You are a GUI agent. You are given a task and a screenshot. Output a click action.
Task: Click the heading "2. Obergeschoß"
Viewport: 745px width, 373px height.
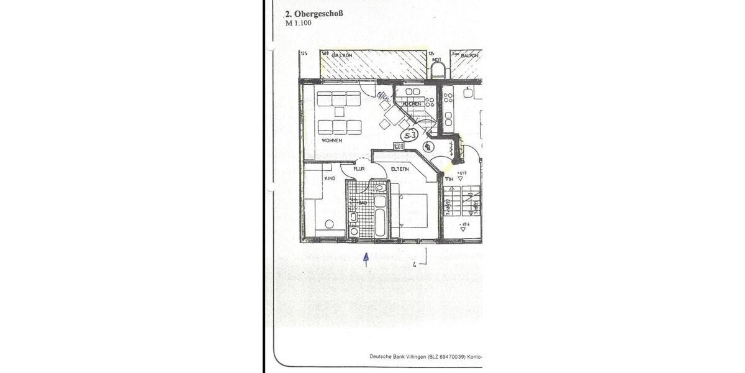(314, 14)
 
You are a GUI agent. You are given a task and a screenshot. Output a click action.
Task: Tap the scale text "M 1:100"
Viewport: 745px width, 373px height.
(299, 24)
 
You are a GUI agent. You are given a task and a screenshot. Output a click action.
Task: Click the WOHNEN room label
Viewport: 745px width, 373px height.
(332, 140)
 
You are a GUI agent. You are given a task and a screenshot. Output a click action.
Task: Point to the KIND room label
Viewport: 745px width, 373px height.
(330, 178)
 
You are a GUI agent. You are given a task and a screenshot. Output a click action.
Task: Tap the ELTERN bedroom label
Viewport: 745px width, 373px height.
(399, 169)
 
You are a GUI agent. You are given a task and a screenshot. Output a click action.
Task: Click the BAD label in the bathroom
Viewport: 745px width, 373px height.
(363, 203)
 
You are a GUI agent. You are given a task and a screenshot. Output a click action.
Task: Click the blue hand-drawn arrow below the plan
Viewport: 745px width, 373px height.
(366, 259)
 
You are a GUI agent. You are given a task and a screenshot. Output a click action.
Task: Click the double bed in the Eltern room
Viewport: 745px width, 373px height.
(411, 211)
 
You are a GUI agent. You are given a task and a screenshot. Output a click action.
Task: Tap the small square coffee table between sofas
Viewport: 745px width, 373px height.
(339, 112)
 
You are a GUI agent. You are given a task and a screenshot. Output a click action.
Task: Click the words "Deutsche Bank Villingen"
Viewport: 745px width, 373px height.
(397, 356)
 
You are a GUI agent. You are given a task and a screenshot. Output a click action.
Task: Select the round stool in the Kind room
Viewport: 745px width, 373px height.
(330, 224)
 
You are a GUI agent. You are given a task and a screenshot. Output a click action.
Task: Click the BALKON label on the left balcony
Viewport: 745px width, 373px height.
(342, 55)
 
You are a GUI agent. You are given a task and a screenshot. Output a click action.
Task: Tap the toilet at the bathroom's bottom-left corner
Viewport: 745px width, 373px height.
(354, 231)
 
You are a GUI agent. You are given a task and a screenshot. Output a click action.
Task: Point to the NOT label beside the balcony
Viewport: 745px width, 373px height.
(436, 60)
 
